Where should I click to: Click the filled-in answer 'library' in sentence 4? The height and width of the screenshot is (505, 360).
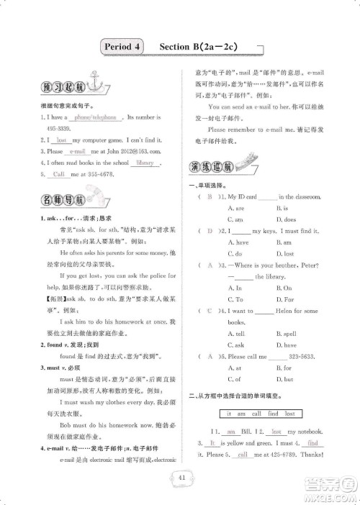pyautogui.click(x=145, y=163)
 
